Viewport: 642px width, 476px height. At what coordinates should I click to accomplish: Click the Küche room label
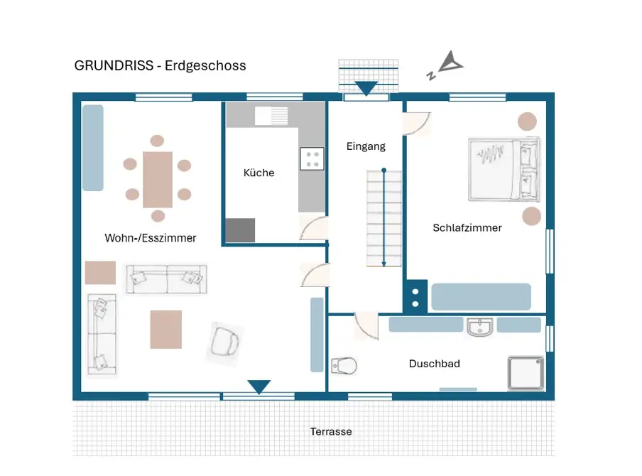259,173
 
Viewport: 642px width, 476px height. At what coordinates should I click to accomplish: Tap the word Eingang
366,146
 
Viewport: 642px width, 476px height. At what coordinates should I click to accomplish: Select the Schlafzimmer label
467,228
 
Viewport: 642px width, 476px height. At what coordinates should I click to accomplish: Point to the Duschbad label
435,363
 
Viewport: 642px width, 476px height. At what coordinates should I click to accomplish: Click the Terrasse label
331,431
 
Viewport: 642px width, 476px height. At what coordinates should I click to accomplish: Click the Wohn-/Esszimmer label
151,238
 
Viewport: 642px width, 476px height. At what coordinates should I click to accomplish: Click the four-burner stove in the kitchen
312,158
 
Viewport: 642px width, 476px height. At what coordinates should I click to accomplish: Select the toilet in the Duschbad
344,365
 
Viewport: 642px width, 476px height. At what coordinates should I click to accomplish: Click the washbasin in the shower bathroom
480,328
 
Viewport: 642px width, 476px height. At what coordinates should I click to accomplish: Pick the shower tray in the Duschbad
526,373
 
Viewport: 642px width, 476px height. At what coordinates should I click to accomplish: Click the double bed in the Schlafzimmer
504,170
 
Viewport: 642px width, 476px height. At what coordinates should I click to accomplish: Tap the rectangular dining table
158,180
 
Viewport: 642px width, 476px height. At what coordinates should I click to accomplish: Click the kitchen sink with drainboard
271,116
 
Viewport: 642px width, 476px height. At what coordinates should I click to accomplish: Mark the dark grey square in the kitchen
240,229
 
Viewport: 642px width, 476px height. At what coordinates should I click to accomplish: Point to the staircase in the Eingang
384,219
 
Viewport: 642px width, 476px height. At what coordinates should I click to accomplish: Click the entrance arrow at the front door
366,88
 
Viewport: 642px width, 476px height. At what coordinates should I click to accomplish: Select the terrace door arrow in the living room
259,386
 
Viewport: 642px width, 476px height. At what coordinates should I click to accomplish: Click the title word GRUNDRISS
114,65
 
